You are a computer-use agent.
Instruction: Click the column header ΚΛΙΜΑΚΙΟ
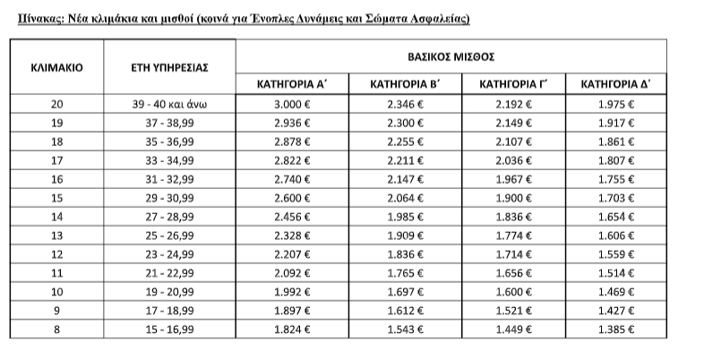coord(57,66)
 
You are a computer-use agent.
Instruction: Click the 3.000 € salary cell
coord(291,104)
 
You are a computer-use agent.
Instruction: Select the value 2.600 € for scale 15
coord(291,197)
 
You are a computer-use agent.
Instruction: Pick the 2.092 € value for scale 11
coord(291,271)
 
